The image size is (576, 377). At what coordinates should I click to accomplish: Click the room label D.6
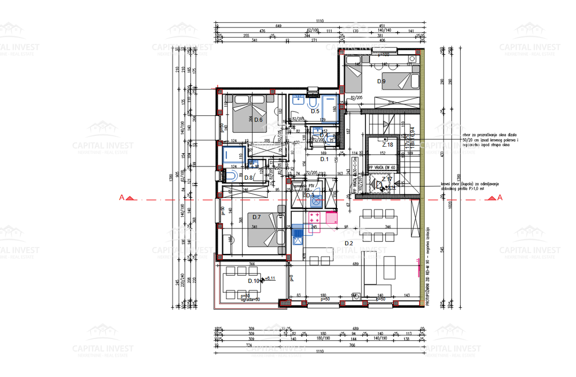(259, 120)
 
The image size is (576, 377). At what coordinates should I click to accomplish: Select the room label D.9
(381, 81)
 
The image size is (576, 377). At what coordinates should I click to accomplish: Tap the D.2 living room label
(349, 243)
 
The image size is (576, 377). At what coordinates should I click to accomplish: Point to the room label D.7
(256, 217)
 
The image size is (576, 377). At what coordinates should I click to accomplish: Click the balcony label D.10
(253, 281)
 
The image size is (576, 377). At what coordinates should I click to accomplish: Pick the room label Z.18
(387, 144)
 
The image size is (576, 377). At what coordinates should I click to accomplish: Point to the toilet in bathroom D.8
(232, 176)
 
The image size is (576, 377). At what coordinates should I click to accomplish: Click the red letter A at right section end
(500, 197)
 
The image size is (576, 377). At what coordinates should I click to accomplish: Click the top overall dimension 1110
(320, 21)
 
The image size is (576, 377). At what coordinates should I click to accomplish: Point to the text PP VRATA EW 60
(381, 167)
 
